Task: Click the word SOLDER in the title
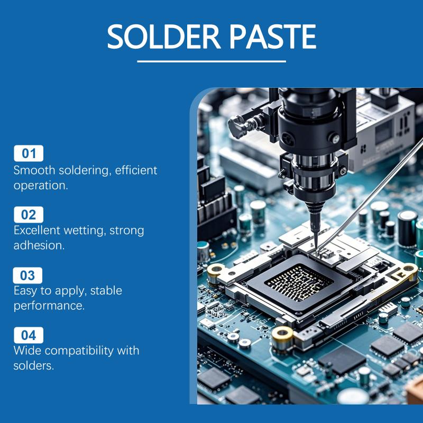click(164, 36)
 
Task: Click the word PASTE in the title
click(272, 36)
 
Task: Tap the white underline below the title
click(212, 61)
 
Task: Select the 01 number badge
click(29, 153)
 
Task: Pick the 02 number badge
click(29, 215)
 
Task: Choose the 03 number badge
click(27, 275)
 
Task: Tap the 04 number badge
click(29, 335)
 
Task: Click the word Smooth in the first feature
click(34, 170)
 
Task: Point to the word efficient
click(136, 170)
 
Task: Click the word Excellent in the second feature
click(37, 231)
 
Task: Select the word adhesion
click(39, 245)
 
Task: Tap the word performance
click(49, 306)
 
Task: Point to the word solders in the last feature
click(34, 366)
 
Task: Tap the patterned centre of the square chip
click(299, 282)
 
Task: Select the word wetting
click(85, 231)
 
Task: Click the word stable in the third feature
click(106, 290)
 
